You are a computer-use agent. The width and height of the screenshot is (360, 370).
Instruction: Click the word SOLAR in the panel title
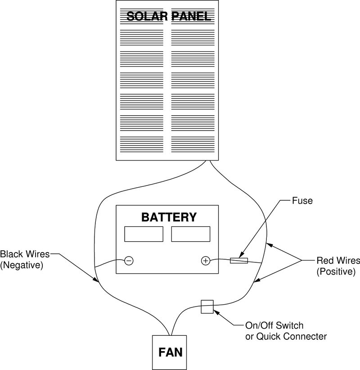(x=147, y=16)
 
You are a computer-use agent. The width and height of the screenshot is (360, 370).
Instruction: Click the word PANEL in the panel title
(x=191, y=16)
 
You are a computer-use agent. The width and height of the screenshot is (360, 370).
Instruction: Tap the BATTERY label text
(x=169, y=217)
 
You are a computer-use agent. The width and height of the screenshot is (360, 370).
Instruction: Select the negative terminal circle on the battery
(x=129, y=261)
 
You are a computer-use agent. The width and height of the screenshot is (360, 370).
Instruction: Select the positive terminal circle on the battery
(x=206, y=261)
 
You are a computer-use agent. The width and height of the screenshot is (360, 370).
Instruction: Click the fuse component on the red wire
(x=239, y=261)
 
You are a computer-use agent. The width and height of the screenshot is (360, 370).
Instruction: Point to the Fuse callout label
(x=302, y=201)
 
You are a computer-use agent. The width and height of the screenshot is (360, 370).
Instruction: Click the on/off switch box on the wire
(x=207, y=307)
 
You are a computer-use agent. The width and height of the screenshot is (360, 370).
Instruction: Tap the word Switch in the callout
(x=289, y=325)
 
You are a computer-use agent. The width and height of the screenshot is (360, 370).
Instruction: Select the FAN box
(x=169, y=352)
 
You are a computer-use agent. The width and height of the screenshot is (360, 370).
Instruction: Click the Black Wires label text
(x=25, y=254)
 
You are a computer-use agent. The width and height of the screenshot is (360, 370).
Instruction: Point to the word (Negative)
(x=22, y=265)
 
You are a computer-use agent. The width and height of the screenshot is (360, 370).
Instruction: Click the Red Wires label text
(x=338, y=261)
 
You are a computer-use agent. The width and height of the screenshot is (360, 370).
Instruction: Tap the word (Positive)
(x=336, y=271)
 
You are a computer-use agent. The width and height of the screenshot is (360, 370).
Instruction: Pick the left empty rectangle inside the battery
(x=144, y=234)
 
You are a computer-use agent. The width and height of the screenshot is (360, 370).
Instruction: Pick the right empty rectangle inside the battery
(x=191, y=234)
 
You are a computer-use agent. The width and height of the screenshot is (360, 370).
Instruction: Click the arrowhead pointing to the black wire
(x=96, y=280)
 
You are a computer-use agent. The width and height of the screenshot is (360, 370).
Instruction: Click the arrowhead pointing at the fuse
(x=241, y=255)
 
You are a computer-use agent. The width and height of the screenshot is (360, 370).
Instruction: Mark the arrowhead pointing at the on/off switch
(x=217, y=313)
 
